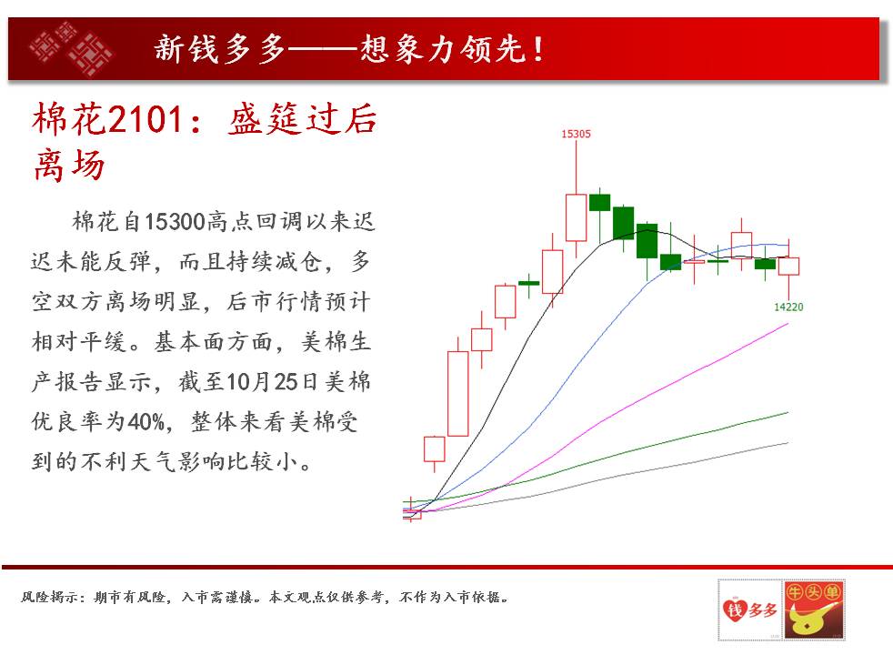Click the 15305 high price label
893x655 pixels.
[576, 134]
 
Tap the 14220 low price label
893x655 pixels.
[788, 307]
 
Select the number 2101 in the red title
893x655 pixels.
[145, 119]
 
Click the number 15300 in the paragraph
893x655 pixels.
[175, 222]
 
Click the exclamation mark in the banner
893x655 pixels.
[537, 49]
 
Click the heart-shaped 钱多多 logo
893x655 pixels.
[749, 610]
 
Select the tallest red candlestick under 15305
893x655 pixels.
[576, 217]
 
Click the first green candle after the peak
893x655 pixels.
[599, 203]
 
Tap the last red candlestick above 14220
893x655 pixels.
[788, 267]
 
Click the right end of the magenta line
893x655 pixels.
[788, 324]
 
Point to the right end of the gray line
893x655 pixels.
[788, 442]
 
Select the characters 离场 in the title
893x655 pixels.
[69, 166]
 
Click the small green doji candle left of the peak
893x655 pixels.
[528, 283]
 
